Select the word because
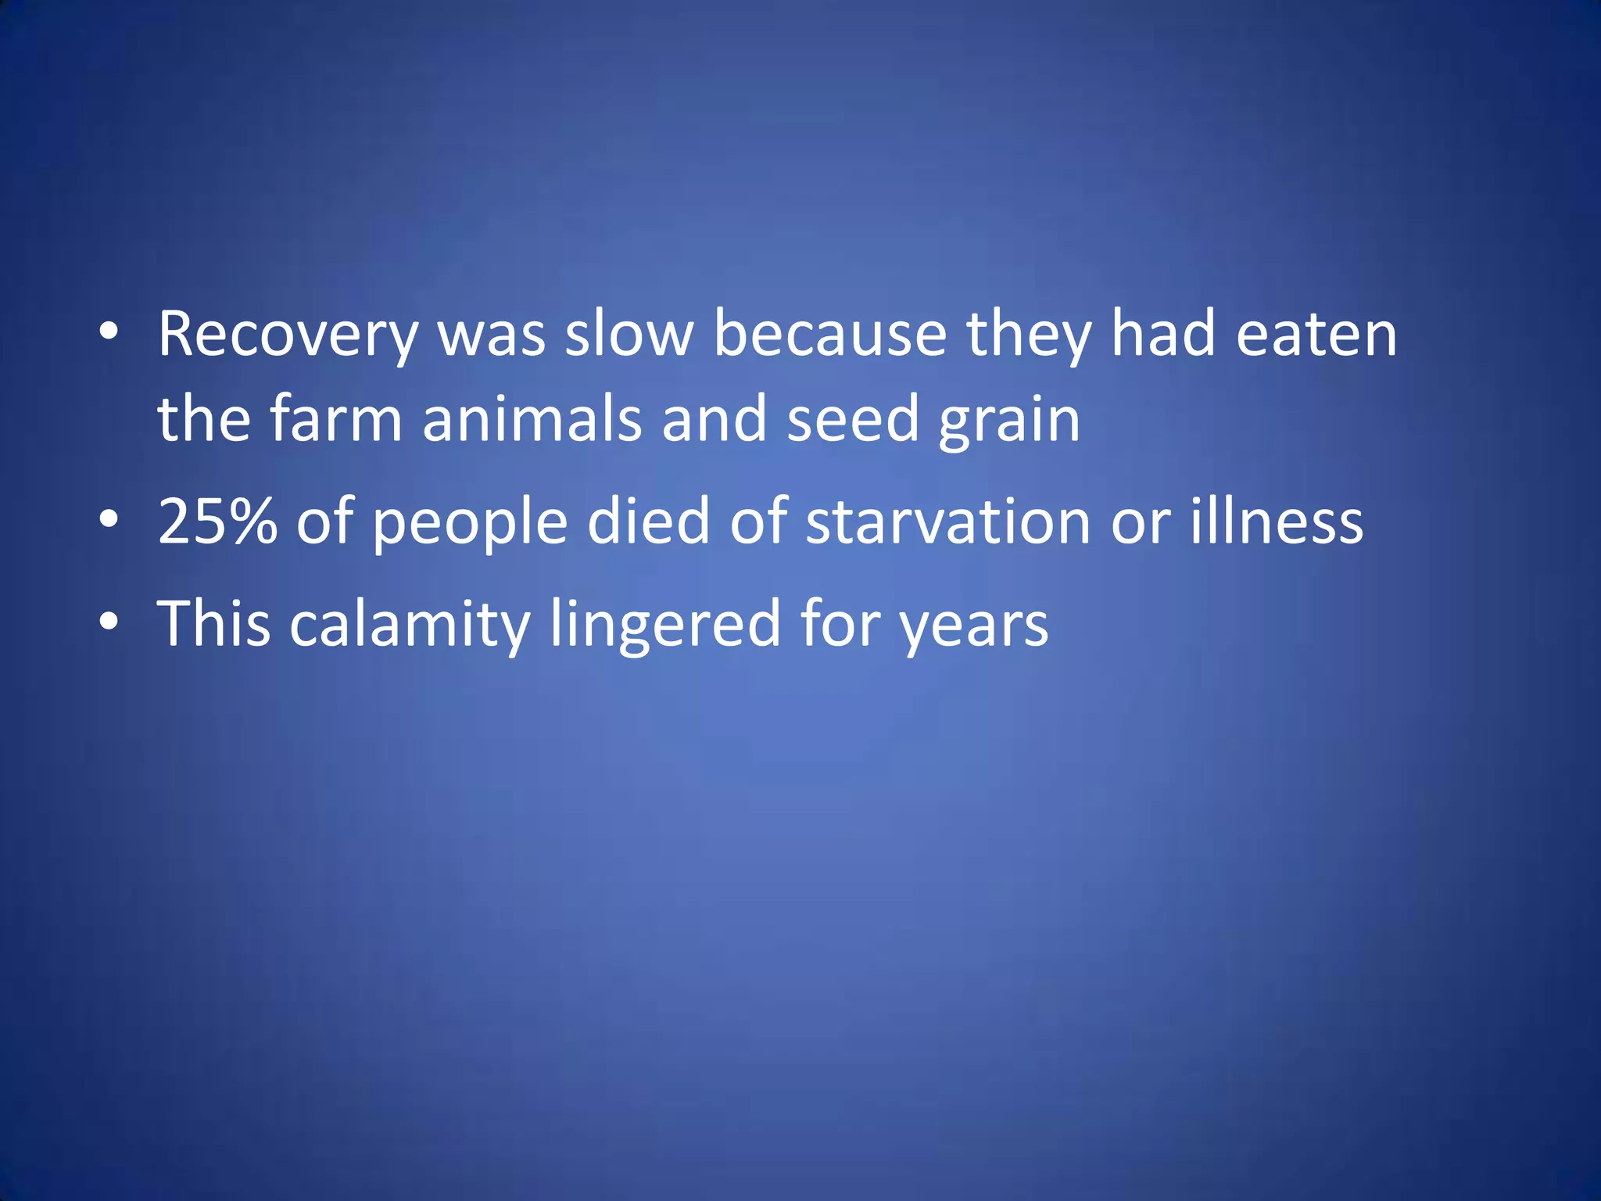click(830, 335)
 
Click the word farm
click(335, 419)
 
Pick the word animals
click(532, 419)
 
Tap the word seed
click(852, 419)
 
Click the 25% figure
click(217, 522)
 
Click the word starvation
click(948, 522)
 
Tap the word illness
click(1277, 522)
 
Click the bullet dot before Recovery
click(109, 332)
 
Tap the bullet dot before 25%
click(109, 518)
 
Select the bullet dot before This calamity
click(109, 622)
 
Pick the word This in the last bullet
click(214, 624)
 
